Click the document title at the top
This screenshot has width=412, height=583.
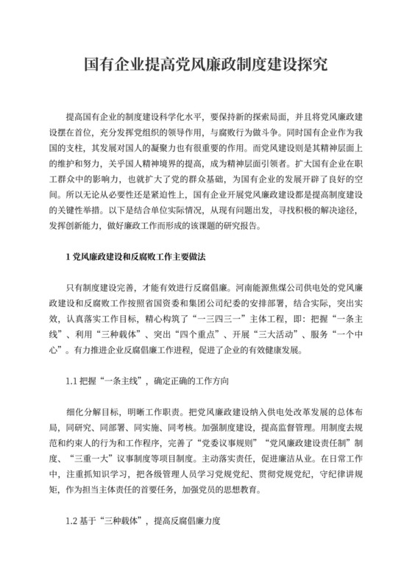pyautogui.click(x=205, y=65)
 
